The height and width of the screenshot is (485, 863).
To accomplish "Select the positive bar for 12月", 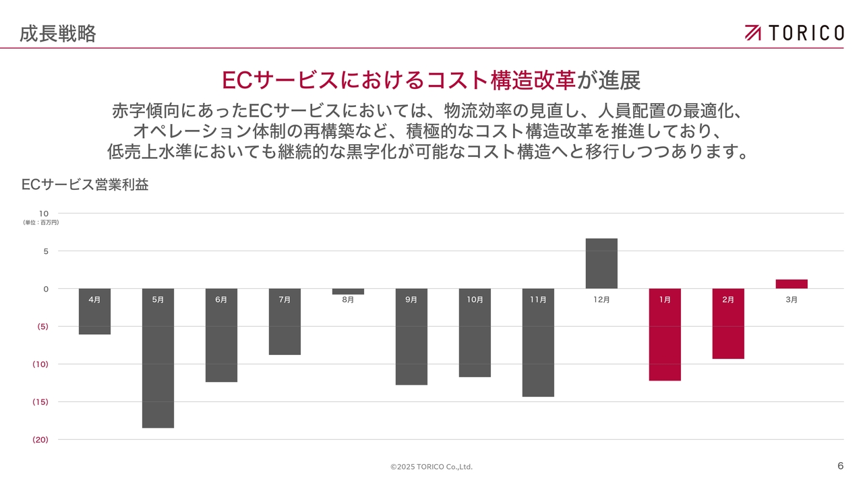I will point(601,263).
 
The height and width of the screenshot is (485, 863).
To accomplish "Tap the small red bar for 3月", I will point(792,284).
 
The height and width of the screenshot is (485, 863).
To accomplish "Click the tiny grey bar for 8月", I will point(348,292).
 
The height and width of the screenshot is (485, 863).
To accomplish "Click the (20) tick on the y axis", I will point(40,439).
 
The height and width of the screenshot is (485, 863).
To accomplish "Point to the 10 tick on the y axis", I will point(44,214).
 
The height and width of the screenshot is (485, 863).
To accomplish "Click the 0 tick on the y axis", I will point(46,289).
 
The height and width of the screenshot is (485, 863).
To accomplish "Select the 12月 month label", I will point(601,300).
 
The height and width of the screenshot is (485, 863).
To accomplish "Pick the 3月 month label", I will point(792,300).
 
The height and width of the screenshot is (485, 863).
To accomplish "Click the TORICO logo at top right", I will point(794,32).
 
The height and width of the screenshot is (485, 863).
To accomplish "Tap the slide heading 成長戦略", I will point(57,33).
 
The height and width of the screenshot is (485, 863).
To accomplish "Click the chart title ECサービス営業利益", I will point(85,185).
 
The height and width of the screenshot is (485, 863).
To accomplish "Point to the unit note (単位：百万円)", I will point(41,222).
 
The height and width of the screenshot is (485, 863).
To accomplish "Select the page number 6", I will point(840,466).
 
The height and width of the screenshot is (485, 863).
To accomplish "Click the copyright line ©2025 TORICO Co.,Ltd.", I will point(431,467).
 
